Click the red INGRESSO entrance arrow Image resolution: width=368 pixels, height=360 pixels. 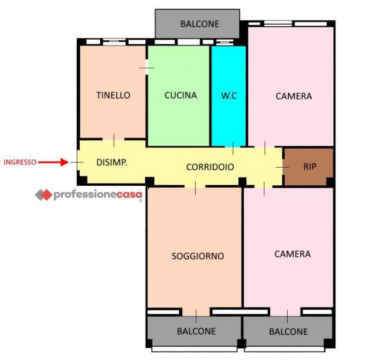(x=53, y=162)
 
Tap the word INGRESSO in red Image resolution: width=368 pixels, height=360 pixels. (x=20, y=163)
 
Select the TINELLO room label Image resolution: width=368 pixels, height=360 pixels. (x=113, y=96)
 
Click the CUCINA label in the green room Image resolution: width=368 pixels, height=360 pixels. (x=181, y=96)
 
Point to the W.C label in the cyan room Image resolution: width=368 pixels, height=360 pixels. (x=229, y=96)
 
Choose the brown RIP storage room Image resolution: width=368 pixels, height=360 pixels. (x=308, y=167)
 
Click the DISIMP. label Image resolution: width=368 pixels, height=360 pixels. (x=112, y=163)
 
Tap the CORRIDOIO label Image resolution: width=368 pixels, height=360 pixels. (x=210, y=167)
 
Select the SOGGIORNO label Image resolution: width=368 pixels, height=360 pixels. (x=198, y=256)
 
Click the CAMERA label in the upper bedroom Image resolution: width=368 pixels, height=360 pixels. (x=294, y=96)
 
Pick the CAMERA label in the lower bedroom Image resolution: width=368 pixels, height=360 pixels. (x=293, y=254)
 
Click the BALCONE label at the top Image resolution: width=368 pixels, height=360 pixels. (x=200, y=24)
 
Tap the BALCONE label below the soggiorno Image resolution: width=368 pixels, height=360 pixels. (x=196, y=331)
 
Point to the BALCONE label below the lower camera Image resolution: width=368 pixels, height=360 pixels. (x=288, y=331)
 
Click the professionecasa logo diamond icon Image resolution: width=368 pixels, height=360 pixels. (x=44, y=195)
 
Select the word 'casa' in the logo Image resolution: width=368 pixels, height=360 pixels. (x=129, y=195)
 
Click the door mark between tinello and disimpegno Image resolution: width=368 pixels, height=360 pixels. (x=114, y=140)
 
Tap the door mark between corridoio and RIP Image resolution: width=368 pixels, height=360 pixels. (x=282, y=167)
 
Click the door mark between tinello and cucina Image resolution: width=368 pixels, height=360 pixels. (x=147, y=68)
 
